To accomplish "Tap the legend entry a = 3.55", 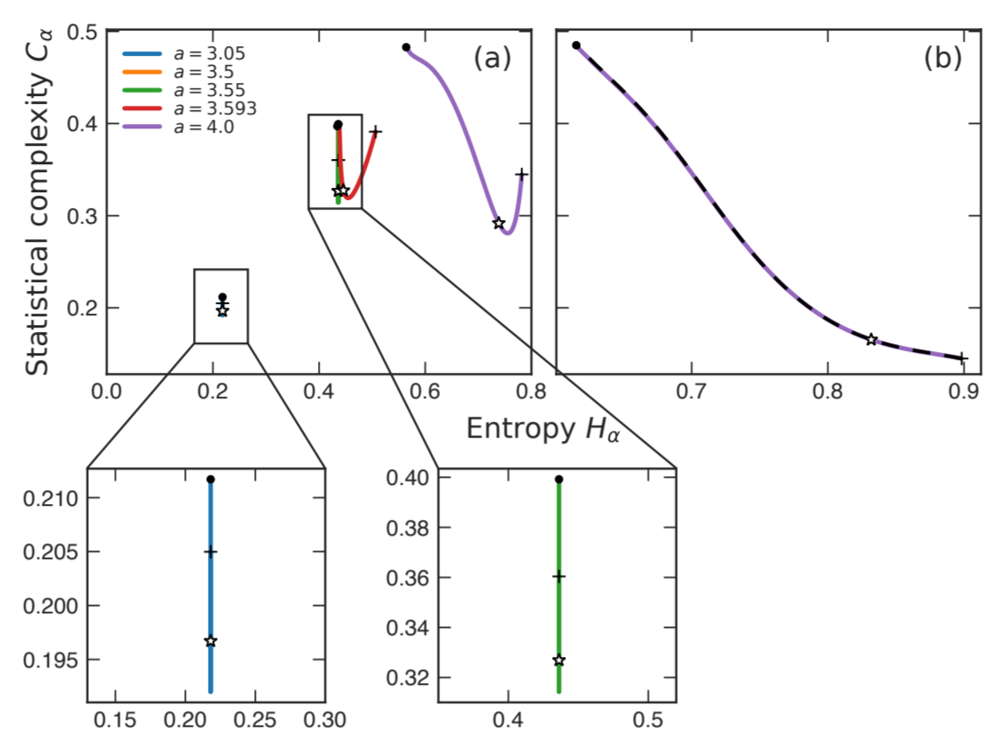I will point(182,90).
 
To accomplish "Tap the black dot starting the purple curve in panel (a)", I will point(406,47).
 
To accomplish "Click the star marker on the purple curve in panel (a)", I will point(499,224).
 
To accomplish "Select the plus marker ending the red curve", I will point(376,131).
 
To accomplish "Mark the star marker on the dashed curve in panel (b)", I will point(871,339).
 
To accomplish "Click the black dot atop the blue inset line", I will point(210,480).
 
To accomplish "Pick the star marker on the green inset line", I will point(559,660).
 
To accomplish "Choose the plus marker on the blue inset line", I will point(210,552).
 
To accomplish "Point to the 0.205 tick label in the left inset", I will point(55,553).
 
